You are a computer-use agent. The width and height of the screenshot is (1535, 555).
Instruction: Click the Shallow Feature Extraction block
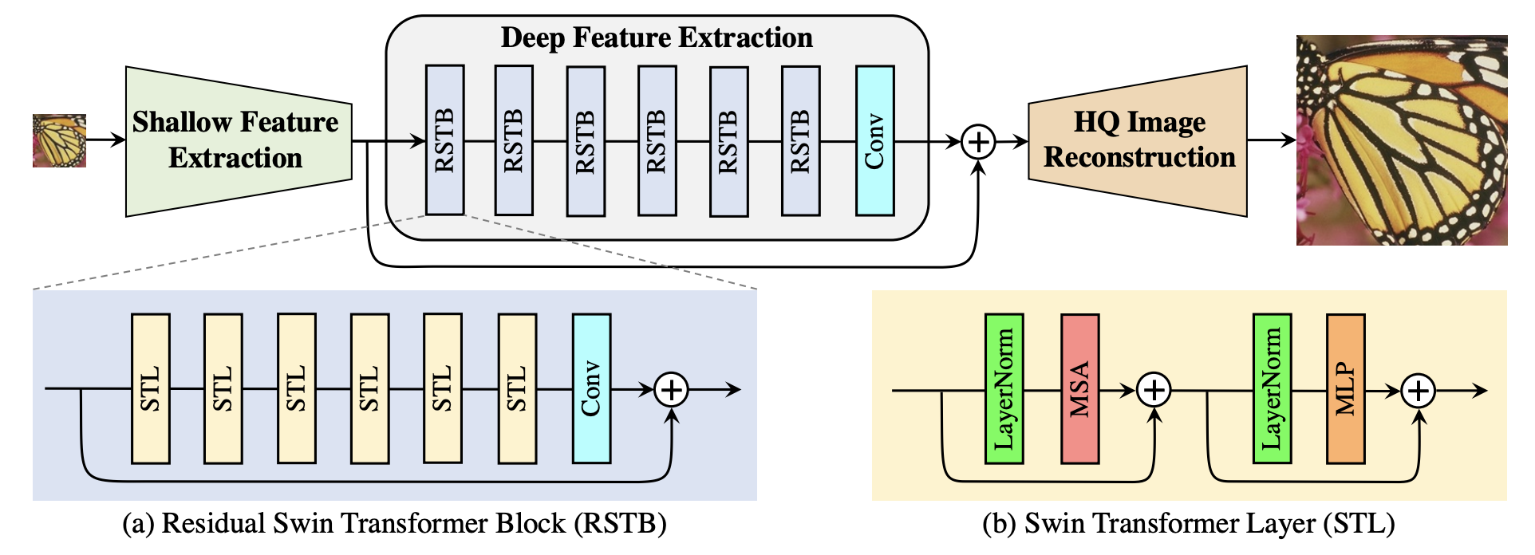point(238,141)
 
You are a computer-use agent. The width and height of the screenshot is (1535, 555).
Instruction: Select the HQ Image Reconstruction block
point(1138,141)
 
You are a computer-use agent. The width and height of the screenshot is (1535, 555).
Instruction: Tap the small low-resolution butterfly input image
point(59,141)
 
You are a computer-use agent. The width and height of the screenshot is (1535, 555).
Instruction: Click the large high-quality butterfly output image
point(1401,140)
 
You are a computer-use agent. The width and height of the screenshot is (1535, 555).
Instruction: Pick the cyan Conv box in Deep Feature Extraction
point(874,141)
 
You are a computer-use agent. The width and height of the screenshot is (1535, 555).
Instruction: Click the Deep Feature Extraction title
point(656,38)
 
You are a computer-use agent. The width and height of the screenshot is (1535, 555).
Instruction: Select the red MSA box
point(1079,389)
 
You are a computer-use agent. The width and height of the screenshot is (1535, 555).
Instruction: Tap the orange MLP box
point(1345,389)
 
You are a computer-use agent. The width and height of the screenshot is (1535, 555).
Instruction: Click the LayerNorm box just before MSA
point(1004,389)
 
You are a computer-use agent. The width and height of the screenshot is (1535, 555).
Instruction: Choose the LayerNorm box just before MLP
point(1272,389)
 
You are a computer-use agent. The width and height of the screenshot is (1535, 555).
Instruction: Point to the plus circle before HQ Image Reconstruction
point(978,142)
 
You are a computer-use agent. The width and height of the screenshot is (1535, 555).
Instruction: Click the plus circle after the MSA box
point(1154,390)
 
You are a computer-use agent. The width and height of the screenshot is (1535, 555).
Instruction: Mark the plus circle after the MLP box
point(1419,390)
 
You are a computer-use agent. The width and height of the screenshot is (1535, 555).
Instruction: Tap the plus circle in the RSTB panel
point(672,389)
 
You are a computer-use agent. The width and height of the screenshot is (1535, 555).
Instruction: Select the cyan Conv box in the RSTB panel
point(591,388)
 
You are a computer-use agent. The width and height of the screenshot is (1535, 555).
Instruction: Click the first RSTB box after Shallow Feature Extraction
point(444,140)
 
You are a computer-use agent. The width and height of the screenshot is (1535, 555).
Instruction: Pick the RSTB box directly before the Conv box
point(800,141)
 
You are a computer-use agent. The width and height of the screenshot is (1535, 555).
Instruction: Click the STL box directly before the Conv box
point(517,388)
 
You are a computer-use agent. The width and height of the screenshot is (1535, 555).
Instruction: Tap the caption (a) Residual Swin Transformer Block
point(394,524)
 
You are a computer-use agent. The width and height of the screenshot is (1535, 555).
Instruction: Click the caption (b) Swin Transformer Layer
point(1189,524)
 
